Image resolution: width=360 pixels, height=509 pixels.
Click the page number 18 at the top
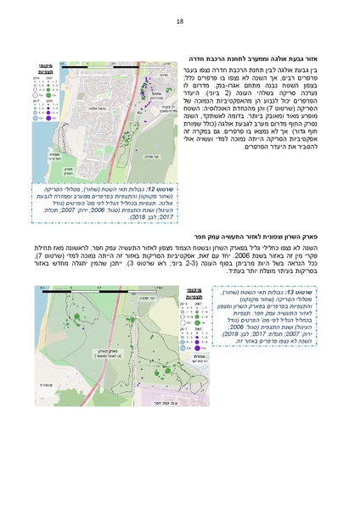click(180, 21)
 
